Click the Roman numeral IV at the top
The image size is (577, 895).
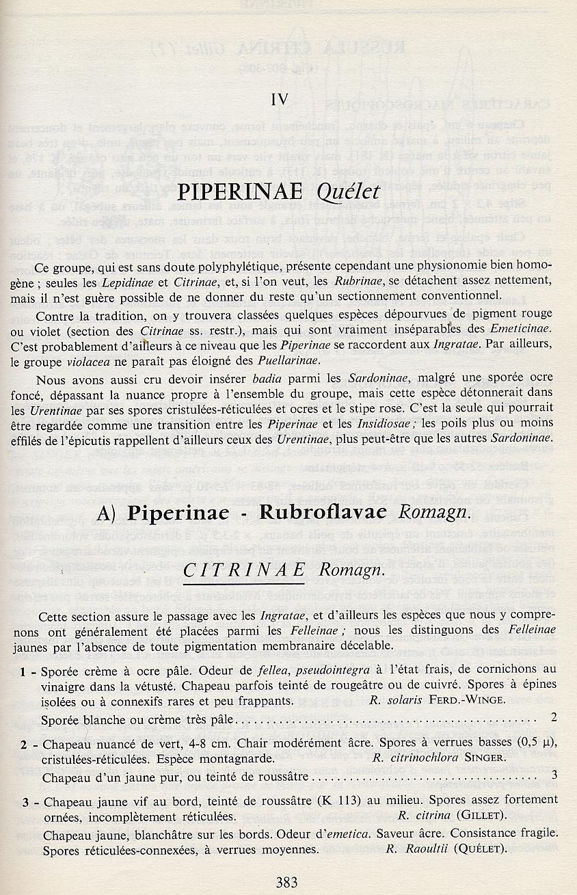click(x=279, y=99)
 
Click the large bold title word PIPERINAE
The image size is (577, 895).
click(x=247, y=191)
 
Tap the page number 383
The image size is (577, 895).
click(x=287, y=882)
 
